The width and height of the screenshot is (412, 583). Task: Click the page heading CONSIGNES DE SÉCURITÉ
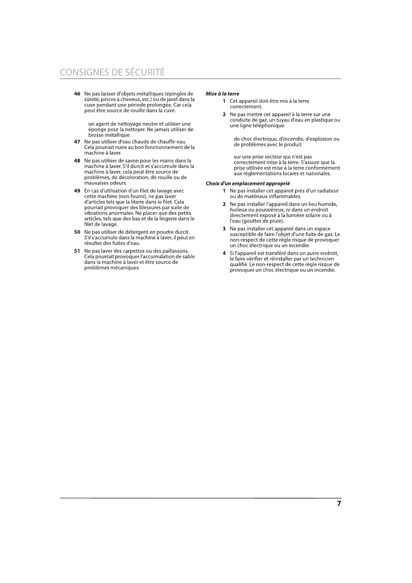[112, 72]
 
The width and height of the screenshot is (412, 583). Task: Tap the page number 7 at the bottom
[339, 504]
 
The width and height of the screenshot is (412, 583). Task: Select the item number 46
[77, 94]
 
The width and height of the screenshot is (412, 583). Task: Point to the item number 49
[77, 191]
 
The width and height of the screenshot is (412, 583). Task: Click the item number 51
[77, 251]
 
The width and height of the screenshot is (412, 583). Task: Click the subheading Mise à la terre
[222, 94]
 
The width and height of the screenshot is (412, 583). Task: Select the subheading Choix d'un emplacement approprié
[248, 183]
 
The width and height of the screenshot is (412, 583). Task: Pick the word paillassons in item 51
[175, 251]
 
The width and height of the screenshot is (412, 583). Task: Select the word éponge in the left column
[97, 129]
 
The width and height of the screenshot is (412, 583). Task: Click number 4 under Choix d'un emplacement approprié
[224, 253]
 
